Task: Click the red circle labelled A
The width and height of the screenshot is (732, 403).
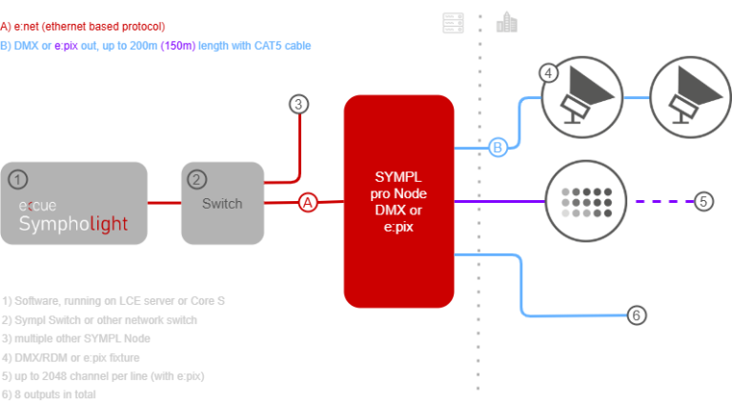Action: [x=307, y=202]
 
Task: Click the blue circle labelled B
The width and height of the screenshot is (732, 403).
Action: [x=497, y=148]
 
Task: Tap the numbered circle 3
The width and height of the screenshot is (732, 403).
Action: [x=299, y=104]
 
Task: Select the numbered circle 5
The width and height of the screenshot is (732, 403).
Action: [x=702, y=201]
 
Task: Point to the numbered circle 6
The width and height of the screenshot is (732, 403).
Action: [x=638, y=315]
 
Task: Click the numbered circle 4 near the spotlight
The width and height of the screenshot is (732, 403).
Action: [x=547, y=72]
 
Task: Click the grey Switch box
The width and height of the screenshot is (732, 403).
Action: [x=222, y=203]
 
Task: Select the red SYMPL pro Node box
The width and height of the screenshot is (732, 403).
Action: [x=398, y=201]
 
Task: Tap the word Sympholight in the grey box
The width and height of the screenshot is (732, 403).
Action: [x=73, y=224]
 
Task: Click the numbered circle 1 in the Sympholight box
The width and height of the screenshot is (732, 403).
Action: [x=16, y=178]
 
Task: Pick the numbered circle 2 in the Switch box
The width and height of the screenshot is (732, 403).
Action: [x=196, y=178]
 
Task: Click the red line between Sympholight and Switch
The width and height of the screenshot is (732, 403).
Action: [x=164, y=202]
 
